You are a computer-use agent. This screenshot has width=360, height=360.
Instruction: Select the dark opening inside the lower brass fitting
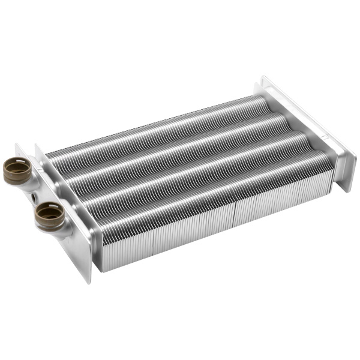point(47,210)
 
